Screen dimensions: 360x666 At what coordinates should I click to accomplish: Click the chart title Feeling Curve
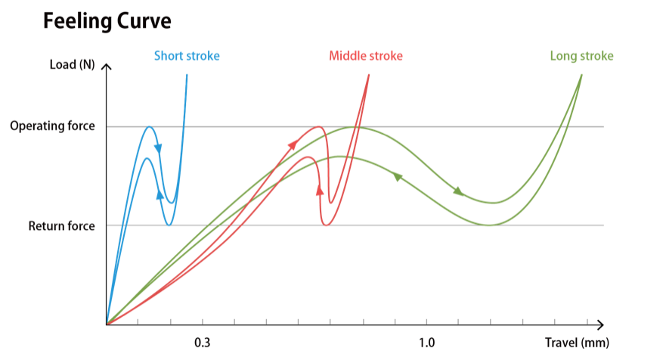click(x=107, y=21)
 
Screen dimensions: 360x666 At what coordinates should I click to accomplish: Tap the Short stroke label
click(x=187, y=56)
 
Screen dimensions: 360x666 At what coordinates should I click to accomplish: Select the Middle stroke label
click(x=366, y=56)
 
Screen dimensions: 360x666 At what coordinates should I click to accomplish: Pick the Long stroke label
click(x=581, y=56)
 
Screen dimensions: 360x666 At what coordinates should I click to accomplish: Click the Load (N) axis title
click(x=72, y=65)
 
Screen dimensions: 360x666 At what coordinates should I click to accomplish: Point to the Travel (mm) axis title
click(x=577, y=343)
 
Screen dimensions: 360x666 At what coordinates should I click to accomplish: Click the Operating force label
click(x=53, y=126)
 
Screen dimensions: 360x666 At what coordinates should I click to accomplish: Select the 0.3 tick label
click(x=203, y=343)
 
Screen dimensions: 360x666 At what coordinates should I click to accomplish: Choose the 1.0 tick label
click(x=426, y=343)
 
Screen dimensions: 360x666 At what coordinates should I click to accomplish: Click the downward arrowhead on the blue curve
click(x=159, y=147)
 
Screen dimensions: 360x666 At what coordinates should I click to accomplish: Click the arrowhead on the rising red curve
click(x=293, y=144)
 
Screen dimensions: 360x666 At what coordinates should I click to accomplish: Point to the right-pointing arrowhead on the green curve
click(x=458, y=192)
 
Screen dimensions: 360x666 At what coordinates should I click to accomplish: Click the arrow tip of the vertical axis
click(x=107, y=67)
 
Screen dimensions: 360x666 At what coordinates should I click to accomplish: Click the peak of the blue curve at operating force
click(x=150, y=127)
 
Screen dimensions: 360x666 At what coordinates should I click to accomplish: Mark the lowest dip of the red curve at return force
click(x=326, y=225)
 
